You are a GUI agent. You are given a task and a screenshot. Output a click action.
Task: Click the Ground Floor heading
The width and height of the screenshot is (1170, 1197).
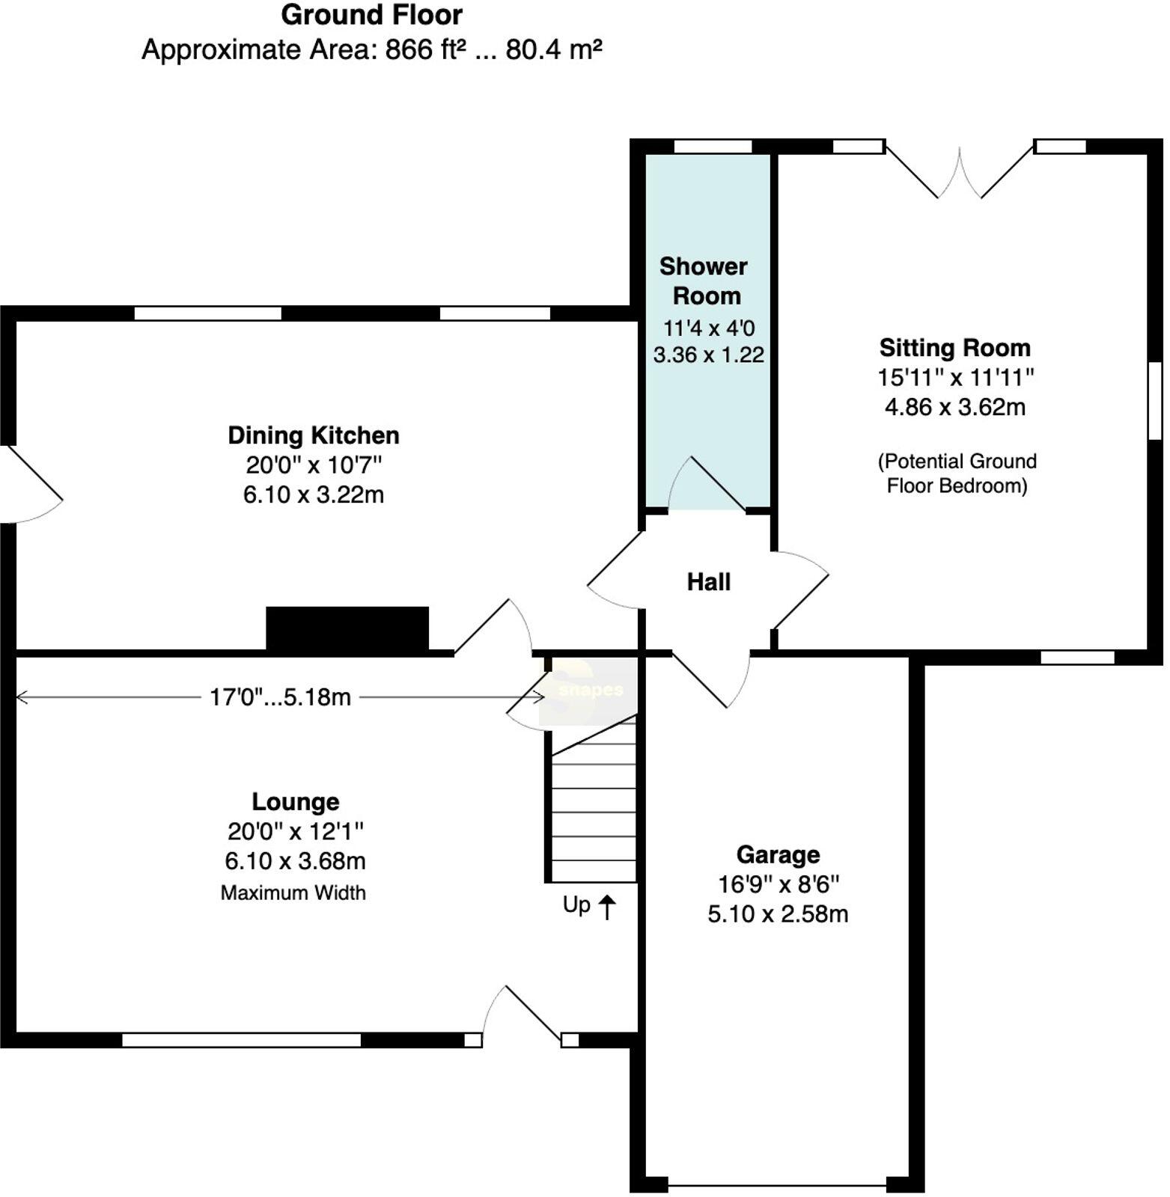click(371, 15)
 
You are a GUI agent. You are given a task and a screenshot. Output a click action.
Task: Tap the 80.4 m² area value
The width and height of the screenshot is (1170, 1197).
click(553, 50)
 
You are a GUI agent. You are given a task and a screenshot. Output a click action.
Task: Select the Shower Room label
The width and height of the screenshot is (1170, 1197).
click(704, 281)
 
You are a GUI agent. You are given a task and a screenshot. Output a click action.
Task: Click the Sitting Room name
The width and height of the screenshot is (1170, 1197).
click(954, 348)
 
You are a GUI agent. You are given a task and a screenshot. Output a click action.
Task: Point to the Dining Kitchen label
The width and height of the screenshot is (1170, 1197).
click(313, 435)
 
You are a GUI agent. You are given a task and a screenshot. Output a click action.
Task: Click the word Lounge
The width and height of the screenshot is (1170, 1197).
click(295, 802)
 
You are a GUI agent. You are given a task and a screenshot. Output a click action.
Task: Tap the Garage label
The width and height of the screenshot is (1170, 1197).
click(778, 854)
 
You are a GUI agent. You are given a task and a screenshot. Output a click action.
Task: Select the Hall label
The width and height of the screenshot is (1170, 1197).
click(708, 582)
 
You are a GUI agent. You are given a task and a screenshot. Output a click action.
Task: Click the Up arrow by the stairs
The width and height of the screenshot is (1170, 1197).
click(606, 907)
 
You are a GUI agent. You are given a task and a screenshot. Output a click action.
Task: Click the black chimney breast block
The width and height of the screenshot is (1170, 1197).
click(347, 628)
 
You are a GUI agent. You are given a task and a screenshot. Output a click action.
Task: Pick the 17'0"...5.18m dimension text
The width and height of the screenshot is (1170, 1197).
click(280, 697)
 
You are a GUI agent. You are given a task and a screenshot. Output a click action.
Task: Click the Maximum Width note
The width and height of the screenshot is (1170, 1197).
click(293, 893)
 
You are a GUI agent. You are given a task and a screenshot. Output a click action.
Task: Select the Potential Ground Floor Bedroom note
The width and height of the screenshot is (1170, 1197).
click(957, 474)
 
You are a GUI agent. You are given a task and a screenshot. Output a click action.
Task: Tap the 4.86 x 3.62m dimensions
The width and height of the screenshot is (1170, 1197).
click(954, 408)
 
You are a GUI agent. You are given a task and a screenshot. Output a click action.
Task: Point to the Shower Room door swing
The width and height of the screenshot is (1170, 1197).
click(706, 485)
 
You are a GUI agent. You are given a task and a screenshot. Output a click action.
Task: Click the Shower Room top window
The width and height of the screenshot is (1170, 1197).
click(713, 147)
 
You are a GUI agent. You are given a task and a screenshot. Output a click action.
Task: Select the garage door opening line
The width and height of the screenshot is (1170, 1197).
click(776, 1185)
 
